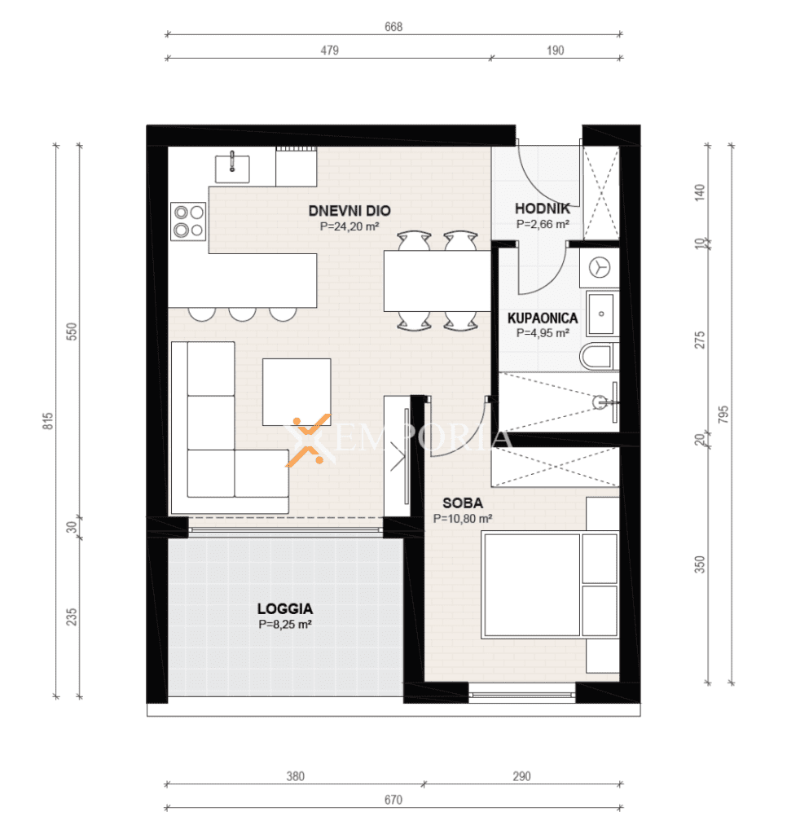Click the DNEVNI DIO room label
[x=349, y=211]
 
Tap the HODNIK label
[x=542, y=208]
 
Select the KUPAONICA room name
[x=543, y=318]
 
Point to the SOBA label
[x=463, y=503]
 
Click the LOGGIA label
[x=285, y=608]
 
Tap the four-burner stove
[x=188, y=222]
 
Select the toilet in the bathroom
[x=599, y=357]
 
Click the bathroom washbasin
[x=601, y=314]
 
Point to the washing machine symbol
[x=600, y=267]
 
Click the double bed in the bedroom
[x=550, y=585]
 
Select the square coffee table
[x=297, y=392]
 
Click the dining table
[x=437, y=281]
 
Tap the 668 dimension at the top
[x=393, y=27]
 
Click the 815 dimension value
[x=48, y=421]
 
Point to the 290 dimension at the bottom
[x=522, y=776]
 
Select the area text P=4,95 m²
[x=543, y=333]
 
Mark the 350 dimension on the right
[x=700, y=564]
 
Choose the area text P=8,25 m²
[x=285, y=625]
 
